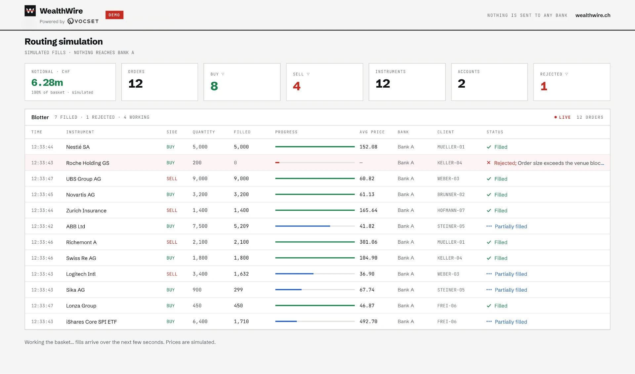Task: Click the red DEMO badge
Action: click(x=114, y=15)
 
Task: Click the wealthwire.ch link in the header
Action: click(x=593, y=15)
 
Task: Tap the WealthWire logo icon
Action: click(x=30, y=11)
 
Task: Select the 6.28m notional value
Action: click(x=47, y=82)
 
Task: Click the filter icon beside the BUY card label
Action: click(x=223, y=74)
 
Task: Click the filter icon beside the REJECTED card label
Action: click(x=567, y=74)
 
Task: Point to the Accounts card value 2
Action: click(x=461, y=83)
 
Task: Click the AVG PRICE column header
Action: click(x=372, y=132)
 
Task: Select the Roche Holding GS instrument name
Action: click(x=88, y=163)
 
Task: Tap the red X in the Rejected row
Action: click(x=488, y=163)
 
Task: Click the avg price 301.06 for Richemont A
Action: click(x=368, y=242)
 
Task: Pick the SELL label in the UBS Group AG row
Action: click(x=172, y=179)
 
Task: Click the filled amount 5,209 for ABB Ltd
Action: click(x=241, y=226)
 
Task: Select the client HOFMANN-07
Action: click(x=451, y=210)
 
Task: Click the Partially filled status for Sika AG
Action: click(x=511, y=290)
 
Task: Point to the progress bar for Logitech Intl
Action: click(x=315, y=274)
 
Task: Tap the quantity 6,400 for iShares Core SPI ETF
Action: click(x=200, y=321)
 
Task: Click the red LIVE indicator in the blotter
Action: click(x=563, y=117)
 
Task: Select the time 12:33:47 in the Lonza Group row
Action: click(x=42, y=306)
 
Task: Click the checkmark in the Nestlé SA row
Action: click(x=489, y=147)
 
